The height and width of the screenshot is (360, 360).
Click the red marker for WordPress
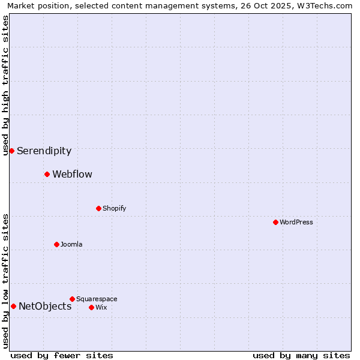(x=275, y=222)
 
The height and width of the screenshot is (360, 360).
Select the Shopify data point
(x=98, y=208)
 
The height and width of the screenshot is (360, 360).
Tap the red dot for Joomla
(x=56, y=244)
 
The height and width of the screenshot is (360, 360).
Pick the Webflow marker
(x=47, y=174)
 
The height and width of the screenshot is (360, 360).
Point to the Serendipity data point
(x=11, y=151)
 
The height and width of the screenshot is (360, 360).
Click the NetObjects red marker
(x=13, y=306)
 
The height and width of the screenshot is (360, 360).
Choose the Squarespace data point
(x=72, y=299)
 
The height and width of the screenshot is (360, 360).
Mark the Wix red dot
(x=91, y=307)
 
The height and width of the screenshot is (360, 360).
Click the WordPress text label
(x=296, y=223)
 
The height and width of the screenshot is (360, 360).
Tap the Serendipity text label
(x=44, y=151)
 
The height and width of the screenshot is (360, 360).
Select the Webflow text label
(x=72, y=175)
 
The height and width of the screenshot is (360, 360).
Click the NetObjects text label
(x=45, y=307)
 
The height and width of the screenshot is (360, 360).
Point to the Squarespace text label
(x=97, y=299)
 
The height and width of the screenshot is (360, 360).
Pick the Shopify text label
(x=114, y=209)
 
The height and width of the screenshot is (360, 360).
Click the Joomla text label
(x=71, y=245)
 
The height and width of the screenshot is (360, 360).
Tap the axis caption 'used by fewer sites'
(x=62, y=355)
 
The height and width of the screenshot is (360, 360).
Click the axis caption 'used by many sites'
(x=301, y=355)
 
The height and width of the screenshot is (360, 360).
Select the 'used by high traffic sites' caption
(x=5, y=85)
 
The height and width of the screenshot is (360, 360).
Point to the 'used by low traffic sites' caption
(x=5, y=281)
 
